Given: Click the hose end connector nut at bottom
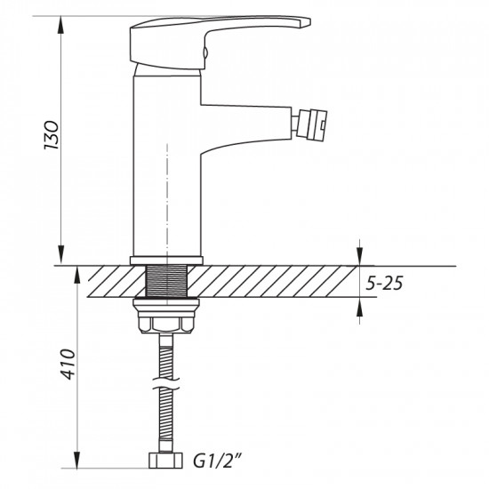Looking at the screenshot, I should tap(167, 462).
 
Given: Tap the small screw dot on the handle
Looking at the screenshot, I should tap(205, 52).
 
